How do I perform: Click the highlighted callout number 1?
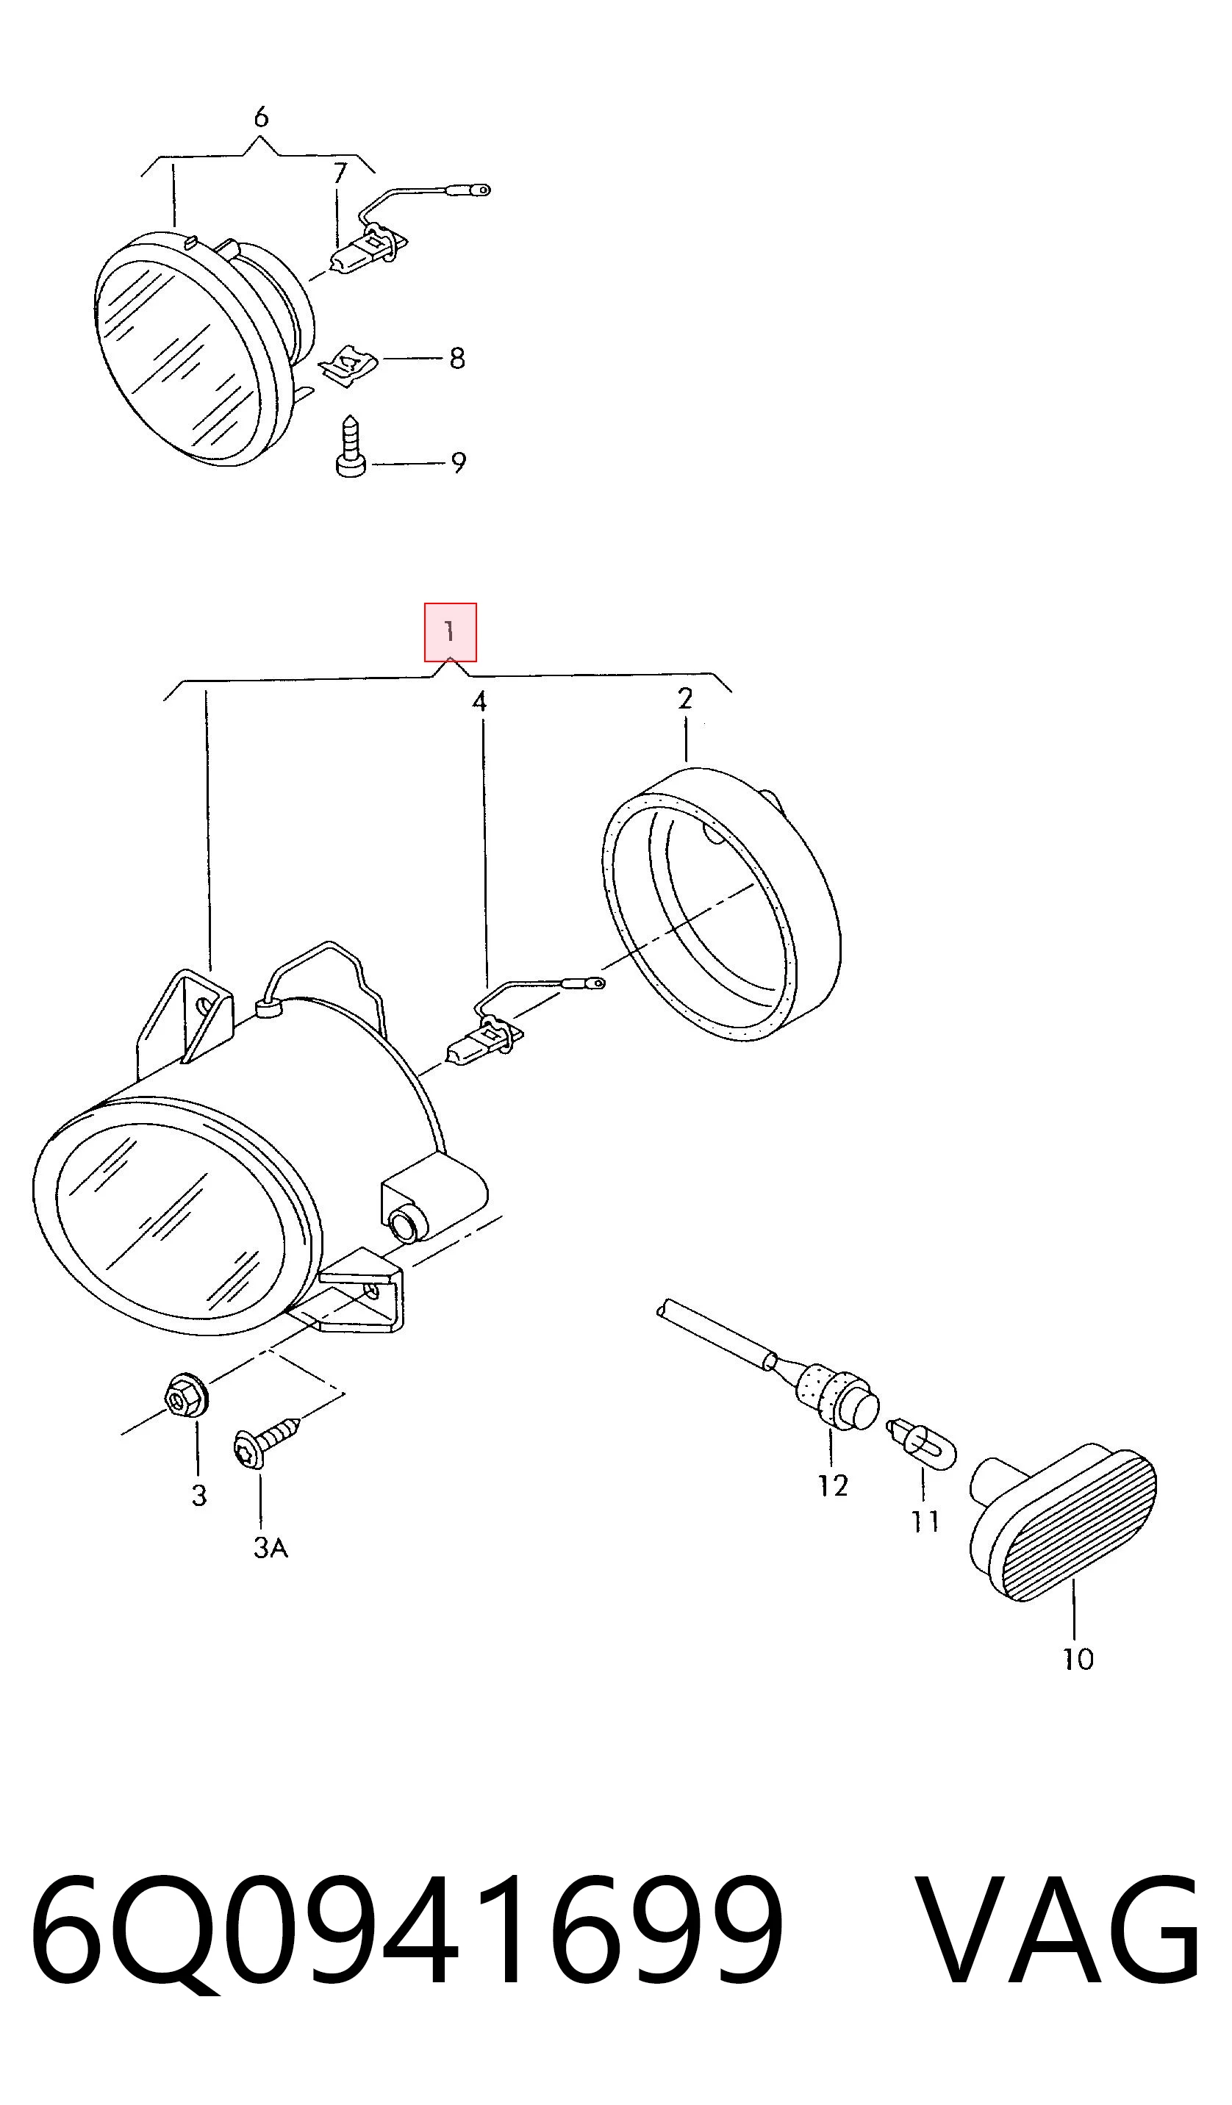pyautogui.click(x=450, y=631)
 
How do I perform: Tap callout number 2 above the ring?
pyautogui.click(x=685, y=698)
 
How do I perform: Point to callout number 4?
pyautogui.click(x=479, y=701)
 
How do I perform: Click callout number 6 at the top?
pyautogui.click(x=262, y=117)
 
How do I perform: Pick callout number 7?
pyautogui.click(x=339, y=173)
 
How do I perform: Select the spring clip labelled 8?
pyautogui.click(x=349, y=366)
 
